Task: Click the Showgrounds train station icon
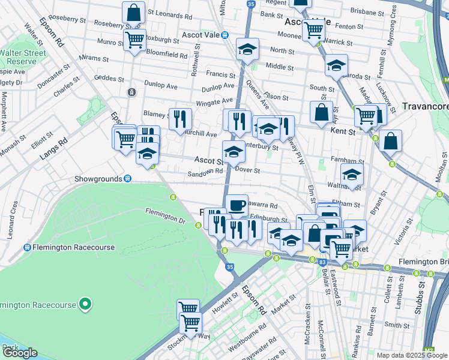(x=128, y=179)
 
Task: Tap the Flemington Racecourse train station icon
(x=28, y=247)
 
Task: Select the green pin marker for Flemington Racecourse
(x=85, y=304)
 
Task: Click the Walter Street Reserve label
(x=23, y=57)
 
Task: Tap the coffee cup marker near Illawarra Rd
(x=237, y=205)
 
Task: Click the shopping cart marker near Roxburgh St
(x=135, y=40)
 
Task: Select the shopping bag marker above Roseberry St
(x=133, y=11)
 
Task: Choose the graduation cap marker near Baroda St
(x=337, y=65)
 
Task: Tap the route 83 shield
(x=323, y=262)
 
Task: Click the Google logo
(x=19, y=353)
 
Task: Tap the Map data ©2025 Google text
(x=412, y=355)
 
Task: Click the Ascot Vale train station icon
(x=224, y=35)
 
